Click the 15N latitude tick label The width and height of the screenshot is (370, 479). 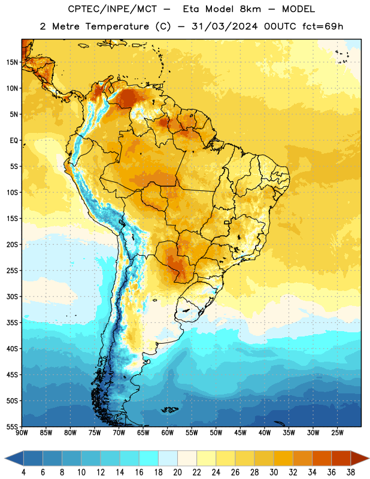click(12, 62)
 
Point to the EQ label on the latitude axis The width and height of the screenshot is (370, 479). click(14, 141)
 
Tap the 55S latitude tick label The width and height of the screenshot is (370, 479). click(12, 426)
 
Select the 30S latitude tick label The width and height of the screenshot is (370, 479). click(12, 296)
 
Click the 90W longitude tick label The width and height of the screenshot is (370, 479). click(22, 433)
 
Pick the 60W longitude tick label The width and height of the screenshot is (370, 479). click(168, 433)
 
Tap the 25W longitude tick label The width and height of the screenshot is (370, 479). click(337, 433)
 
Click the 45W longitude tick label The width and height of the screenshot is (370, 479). click(240, 433)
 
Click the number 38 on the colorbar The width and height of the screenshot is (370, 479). click(350, 472)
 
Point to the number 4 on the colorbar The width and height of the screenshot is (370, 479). click(23, 472)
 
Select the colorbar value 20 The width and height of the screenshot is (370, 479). click(177, 472)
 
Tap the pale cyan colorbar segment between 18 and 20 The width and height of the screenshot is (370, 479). click(168, 458)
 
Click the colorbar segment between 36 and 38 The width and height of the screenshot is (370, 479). click(341, 458)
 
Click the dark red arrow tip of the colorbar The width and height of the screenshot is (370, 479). click(360, 458)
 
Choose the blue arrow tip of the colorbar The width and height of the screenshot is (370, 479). click(14, 458)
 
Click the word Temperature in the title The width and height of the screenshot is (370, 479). click(117, 26)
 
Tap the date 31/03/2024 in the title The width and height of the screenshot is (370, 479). click(225, 26)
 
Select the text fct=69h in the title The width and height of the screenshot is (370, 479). click(323, 26)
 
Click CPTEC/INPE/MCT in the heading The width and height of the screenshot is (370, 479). click(112, 9)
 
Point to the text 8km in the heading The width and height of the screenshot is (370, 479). click(250, 9)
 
